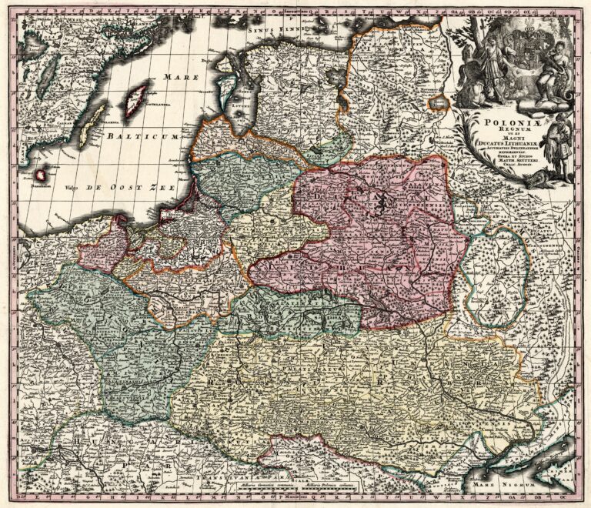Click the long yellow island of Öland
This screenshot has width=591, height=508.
(x=92, y=125)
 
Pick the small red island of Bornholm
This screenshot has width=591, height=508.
(x=40, y=175)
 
